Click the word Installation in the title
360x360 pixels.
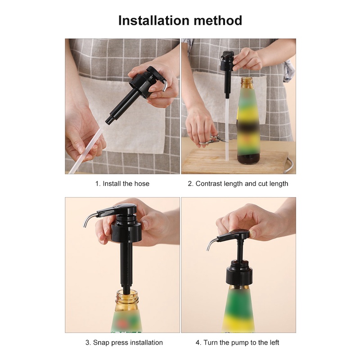(x=153, y=20)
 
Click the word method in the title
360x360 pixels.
(x=218, y=20)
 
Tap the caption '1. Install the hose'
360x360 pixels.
(x=122, y=184)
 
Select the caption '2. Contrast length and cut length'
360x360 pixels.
(x=238, y=184)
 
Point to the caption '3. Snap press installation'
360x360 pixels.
(x=124, y=342)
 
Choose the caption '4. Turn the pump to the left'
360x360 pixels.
(x=238, y=342)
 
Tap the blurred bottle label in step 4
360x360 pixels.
(x=239, y=310)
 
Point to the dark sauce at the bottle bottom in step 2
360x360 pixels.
(x=248, y=158)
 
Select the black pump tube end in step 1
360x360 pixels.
(x=108, y=121)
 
